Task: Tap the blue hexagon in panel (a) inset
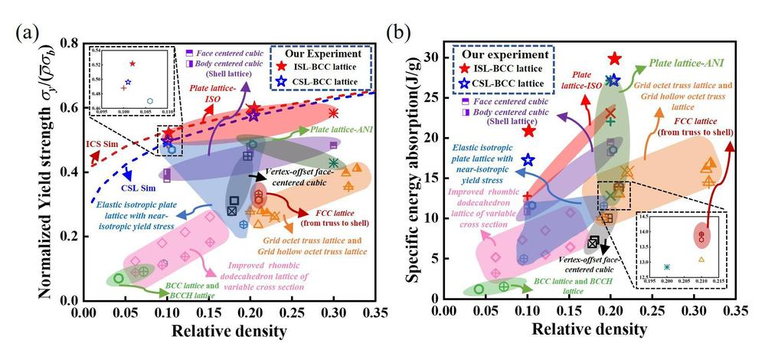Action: pos(150,100)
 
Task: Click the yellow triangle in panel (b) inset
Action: pos(701,259)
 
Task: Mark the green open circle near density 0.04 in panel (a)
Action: pos(119,278)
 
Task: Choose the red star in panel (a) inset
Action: pos(132,64)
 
